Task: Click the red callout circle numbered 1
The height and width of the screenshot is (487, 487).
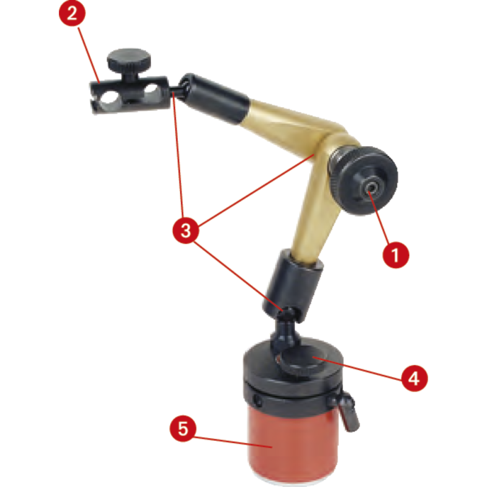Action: point(395,255)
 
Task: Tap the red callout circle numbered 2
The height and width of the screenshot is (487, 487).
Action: point(72,13)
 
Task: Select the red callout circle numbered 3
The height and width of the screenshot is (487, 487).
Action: point(186,231)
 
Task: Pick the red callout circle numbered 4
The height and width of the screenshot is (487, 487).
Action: point(415,378)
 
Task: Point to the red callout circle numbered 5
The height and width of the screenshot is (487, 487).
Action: point(183,429)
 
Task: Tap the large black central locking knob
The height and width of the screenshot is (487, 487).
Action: point(363,180)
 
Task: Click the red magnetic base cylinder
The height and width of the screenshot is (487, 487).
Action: point(293,444)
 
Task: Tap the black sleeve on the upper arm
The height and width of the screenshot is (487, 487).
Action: point(214,98)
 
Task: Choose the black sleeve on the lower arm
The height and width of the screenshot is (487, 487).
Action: point(293,285)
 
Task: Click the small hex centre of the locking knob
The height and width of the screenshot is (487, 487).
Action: point(371,188)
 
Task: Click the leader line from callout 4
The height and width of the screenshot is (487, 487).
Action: point(357,368)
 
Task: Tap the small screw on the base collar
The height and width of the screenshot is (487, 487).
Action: point(258,402)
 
